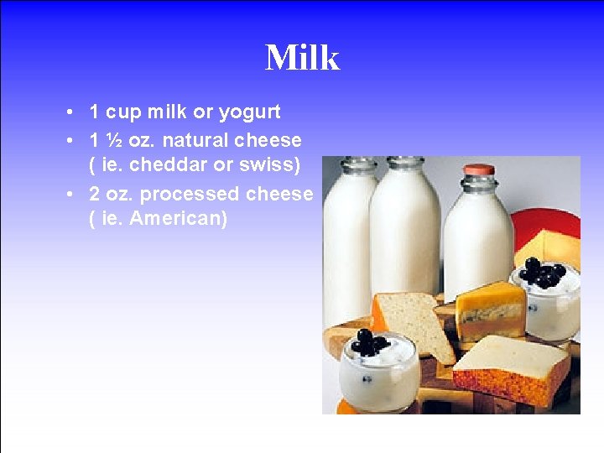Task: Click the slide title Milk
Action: coord(302,59)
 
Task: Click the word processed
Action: coord(190,194)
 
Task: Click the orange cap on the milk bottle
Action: coord(479,169)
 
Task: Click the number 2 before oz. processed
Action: coord(95,194)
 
